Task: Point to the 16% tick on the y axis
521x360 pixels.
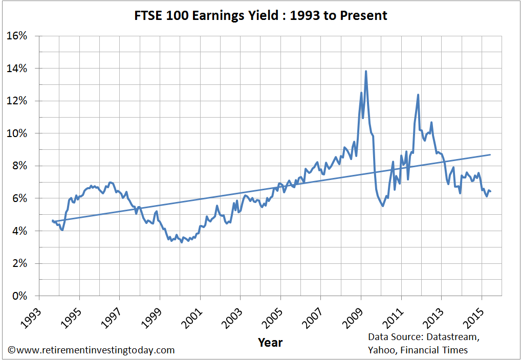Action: click(20, 36)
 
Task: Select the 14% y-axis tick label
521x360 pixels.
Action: click(20, 69)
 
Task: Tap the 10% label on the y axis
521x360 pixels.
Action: click(20, 133)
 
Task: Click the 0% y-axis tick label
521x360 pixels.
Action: click(23, 296)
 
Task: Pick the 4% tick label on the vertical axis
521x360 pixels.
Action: click(23, 231)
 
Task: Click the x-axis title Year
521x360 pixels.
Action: click(270, 342)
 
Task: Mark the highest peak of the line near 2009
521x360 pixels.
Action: click(365, 71)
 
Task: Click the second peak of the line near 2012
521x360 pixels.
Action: click(418, 95)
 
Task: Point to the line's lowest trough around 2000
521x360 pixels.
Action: click(182, 242)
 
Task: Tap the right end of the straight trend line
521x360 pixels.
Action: click(491, 154)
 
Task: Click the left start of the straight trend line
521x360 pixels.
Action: click(53, 221)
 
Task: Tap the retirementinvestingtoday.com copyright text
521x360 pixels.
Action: click(91, 350)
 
